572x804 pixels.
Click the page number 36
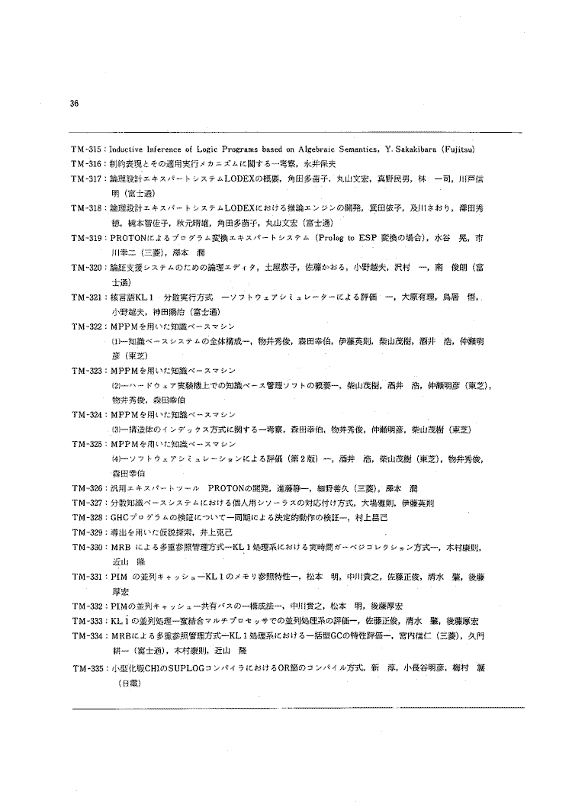[74, 106]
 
